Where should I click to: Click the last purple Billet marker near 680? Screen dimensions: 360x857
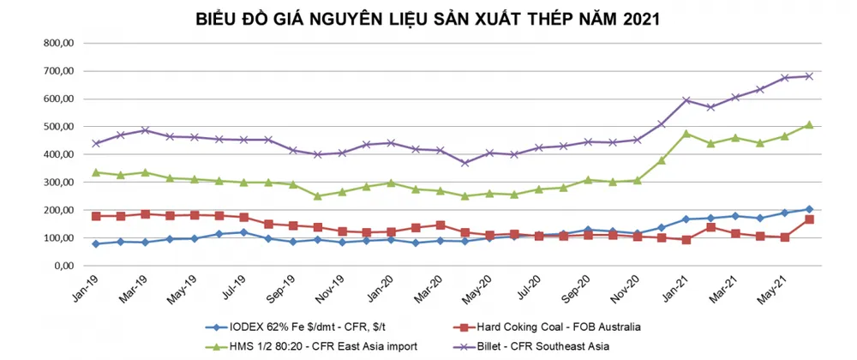pyautogui.click(x=809, y=76)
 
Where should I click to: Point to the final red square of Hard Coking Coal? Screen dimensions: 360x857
pyautogui.click(x=809, y=219)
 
